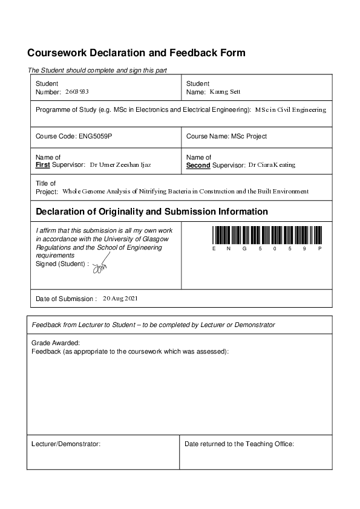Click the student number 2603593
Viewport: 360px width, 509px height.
point(77,92)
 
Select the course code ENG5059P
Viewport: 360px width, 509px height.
point(96,137)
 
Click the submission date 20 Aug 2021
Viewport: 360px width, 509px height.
point(121,299)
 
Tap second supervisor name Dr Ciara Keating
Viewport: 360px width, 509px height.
point(272,164)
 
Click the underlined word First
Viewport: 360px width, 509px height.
point(43,165)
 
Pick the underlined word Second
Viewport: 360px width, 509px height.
point(198,165)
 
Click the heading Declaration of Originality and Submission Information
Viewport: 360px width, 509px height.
point(152,212)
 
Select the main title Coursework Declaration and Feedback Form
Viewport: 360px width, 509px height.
point(136,53)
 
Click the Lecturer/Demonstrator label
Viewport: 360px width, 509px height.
point(65,444)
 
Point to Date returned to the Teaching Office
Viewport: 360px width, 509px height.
point(239,444)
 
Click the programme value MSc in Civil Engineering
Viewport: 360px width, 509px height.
point(290,110)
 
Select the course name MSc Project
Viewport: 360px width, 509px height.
point(249,137)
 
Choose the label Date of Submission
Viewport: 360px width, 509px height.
point(66,299)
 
